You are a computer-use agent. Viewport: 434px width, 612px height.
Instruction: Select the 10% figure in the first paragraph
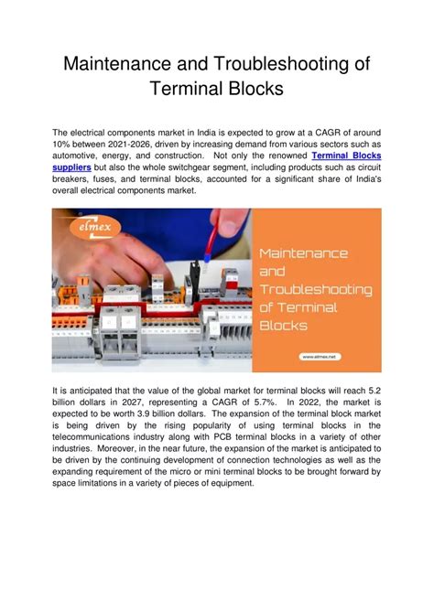tap(60, 144)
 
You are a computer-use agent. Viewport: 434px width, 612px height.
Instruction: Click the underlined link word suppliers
tap(72, 167)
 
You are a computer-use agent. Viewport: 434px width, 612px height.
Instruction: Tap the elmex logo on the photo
tap(95, 227)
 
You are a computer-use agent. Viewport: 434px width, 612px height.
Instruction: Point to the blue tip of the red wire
tap(207, 257)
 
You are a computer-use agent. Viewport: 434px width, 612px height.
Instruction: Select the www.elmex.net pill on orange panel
tap(320, 357)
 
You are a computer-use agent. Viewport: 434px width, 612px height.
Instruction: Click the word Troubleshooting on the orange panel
tap(316, 290)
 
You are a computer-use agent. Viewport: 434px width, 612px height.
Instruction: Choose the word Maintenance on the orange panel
tap(304, 253)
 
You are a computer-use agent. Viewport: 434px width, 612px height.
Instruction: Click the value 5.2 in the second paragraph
tap(374, 391)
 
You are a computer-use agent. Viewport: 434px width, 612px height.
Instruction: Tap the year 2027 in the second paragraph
tap(133, 403)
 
